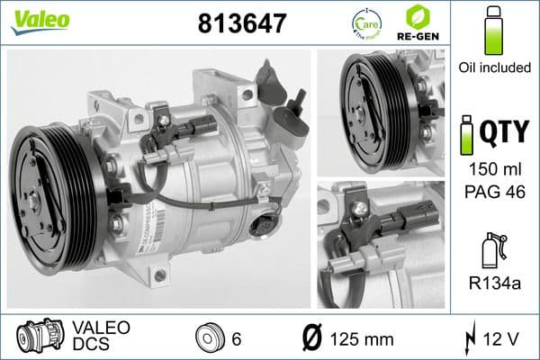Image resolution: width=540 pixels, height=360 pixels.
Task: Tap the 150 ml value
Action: (492, 170)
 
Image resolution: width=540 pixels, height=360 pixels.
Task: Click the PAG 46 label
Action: (492, 192)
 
